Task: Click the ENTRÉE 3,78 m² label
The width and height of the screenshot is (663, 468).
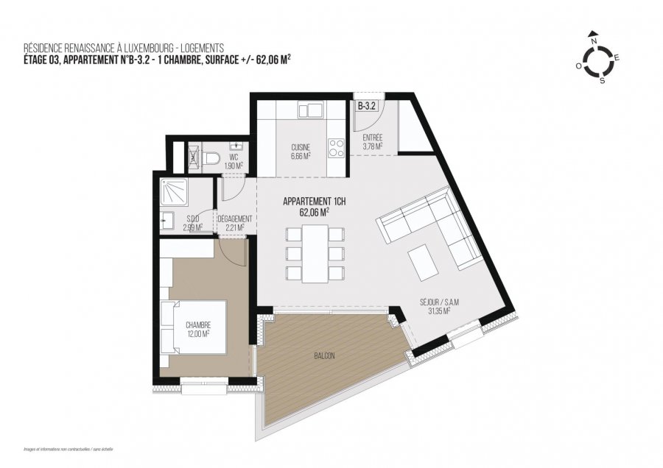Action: pos(372,142)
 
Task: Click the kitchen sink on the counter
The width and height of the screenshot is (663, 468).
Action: pos(311,110)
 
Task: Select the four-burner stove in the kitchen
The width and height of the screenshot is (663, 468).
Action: pos(336,147)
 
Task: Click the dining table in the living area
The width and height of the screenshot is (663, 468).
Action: pos(315,253)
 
